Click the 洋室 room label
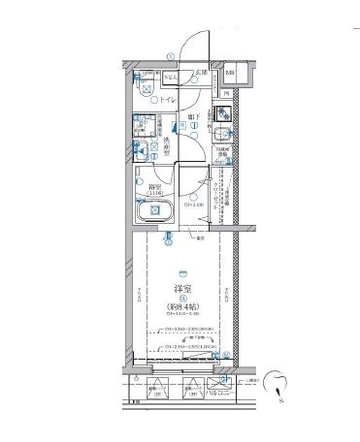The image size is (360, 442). pyautogui.click(x=179, y=289)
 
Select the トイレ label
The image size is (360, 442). pyautogui.click(x=171, y=99)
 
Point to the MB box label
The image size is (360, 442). pyautogui.click(x=231, y=73)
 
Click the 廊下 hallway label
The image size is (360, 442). pyautogui.click(x=193, y=116)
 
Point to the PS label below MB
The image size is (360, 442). pyautogui.click(x=227, y=93)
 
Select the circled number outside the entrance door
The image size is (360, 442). pyautogui.click(x=170, y=55)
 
